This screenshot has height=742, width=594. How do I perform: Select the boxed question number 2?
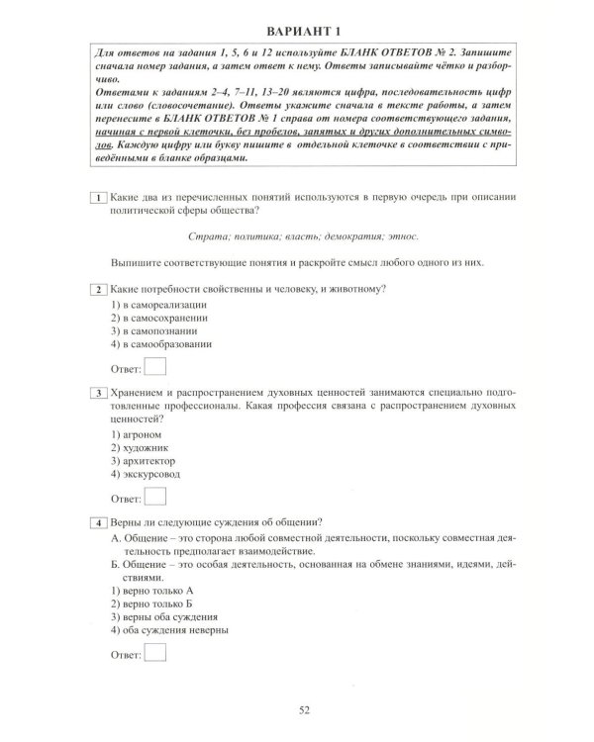click(x=98, y=289)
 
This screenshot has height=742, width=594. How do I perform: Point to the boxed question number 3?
click(x=98, y=393)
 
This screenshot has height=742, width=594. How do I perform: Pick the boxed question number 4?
click(x=98, y=522)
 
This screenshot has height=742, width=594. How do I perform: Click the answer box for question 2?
click(x=154, y=368)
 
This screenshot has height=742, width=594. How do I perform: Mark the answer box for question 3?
click(x=154, y=498)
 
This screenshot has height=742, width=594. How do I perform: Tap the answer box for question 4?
click(x=154, y=653)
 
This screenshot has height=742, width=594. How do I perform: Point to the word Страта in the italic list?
click(x=206, y=236)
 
